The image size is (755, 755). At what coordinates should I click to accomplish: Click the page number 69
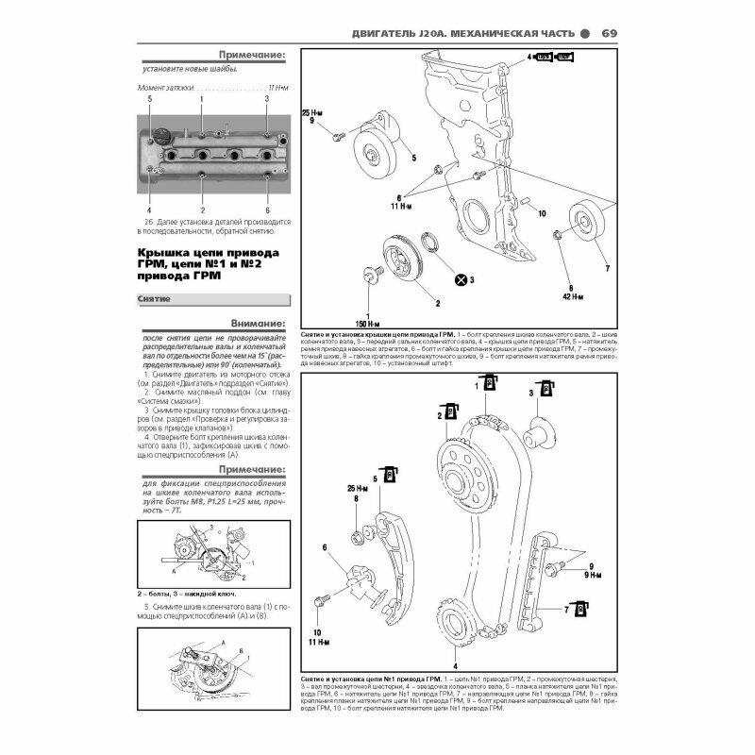(x=609, y=35)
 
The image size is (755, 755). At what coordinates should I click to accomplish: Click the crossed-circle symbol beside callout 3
(x=461, y=280)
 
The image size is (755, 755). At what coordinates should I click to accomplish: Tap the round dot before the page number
(x=585, y=36)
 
